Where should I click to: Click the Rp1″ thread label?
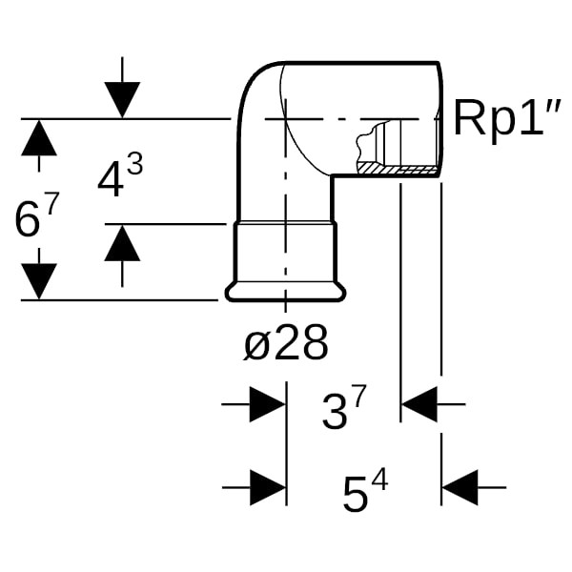504,118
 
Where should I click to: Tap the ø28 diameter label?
286,343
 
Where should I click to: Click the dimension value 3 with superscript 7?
343,411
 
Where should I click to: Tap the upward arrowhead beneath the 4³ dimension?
122,243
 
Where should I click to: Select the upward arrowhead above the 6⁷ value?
39,138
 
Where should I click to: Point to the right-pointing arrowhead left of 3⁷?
267,404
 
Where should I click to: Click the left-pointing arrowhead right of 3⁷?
419,404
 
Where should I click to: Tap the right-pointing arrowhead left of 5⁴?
267,487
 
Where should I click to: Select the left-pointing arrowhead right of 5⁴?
460,487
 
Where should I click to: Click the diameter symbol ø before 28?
256,344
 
